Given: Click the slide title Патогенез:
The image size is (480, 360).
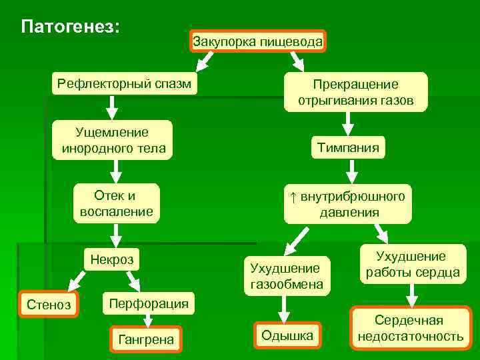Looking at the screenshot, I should [71, 27].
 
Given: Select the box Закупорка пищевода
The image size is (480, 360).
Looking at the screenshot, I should [258, 42].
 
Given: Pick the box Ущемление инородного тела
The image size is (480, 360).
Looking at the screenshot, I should [113, 140].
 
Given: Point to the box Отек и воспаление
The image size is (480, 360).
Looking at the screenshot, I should [116, 203].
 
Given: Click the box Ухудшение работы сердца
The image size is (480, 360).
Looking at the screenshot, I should [411, 264].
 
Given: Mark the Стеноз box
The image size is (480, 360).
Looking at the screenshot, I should [48, 305].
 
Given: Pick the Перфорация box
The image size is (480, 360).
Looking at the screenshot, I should [148, 303].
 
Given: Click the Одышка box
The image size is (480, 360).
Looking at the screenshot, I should [287, 335].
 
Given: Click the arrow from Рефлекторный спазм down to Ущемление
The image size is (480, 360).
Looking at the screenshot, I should [113, 106].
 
